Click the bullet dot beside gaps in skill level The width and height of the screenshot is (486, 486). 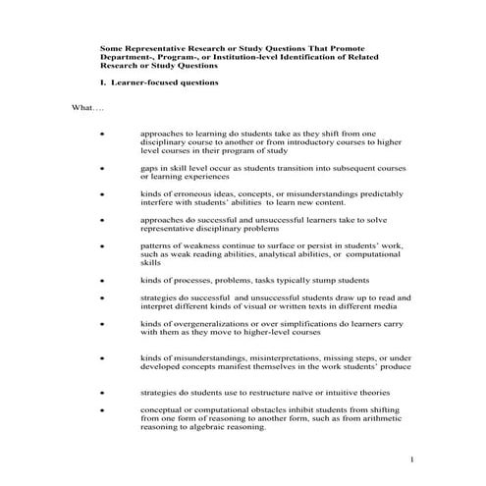click(103, 169)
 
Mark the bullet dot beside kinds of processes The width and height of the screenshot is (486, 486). click(103, 280)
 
